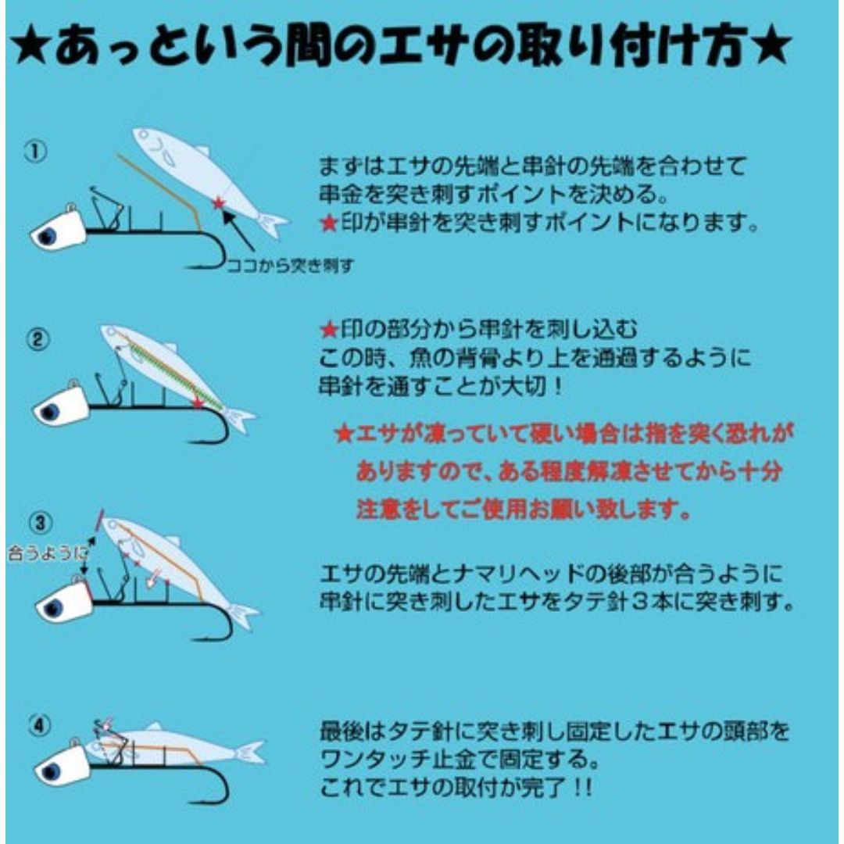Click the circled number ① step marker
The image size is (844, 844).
pyautogui.click(x=35, y=152)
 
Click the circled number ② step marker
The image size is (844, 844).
pyautogui.click(x=38, y=340)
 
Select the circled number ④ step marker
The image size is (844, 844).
pyautogui.click(x=40, y=726)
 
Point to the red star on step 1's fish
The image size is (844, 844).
pyautogui.click(x=218, y=203)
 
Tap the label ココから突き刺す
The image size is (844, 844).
pyautogui.click(x=291, y=266)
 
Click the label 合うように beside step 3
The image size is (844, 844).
pyautogui.click(x=48, y=554)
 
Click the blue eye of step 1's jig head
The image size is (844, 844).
pyautogui.click(x=48, y=235)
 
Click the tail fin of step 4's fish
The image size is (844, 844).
pyautogui.click(x=251, y=752)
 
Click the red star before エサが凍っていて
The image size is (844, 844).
pyautogui.click(x=343, y=433)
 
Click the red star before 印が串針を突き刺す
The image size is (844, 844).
pyautogui.click(x=328, y=223)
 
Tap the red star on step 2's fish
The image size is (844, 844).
pyautogui.click(x=198, y=403)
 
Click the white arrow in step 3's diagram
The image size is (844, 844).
pyautogui.click(x=153, y=578)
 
